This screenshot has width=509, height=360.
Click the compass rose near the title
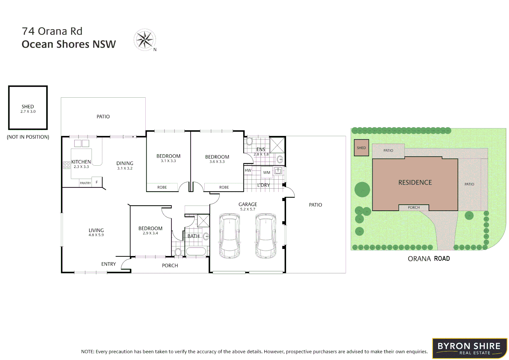(145, 40)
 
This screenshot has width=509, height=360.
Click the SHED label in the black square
(28, 107)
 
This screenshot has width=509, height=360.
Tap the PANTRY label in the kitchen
(85, 183)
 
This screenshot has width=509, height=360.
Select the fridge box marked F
(97, 182)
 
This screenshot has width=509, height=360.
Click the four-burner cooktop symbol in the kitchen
(67, 165)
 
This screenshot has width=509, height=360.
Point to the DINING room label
(125, 163)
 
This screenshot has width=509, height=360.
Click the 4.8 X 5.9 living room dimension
(96, 235)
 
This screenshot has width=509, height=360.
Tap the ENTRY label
(108, 264)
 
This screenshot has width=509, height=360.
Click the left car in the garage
(229, 236)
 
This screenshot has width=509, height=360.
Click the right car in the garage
(266, 236)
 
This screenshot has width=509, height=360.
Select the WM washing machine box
(267, 172)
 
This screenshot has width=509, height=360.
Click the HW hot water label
(248, 170)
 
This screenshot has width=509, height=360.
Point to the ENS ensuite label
(261, 149)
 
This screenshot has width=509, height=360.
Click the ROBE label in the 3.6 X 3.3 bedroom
(224, 187)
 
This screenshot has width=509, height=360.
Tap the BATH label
(193, 236)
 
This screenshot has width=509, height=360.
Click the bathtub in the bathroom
(196, 252)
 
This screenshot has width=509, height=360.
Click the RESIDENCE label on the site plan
(415, 182)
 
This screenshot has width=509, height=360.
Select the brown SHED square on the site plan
(361, 148)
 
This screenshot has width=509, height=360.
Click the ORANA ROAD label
(429, 259)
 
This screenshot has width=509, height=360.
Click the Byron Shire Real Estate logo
(469, 348)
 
